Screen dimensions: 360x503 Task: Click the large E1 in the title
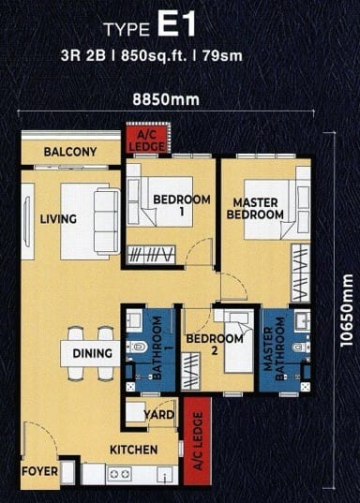click(176, 25)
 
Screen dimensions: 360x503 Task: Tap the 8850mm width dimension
click(166, 99)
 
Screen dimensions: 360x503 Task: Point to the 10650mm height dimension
click(347, 310)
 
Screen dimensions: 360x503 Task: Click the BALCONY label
click(70, 152)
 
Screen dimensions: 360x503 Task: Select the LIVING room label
click(58, 219)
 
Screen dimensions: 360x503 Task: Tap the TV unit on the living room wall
click(27, 222)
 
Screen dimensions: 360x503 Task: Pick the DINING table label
click(93, 353)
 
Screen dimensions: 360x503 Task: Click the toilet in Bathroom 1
click(137, 347)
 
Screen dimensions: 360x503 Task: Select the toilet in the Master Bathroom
click(301, 348)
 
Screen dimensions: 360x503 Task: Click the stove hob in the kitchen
click(119, 474)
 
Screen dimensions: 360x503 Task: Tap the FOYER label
click(39, 471)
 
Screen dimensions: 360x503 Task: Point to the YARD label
click(159, 415)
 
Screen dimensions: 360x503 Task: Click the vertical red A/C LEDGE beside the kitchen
click(198, 440)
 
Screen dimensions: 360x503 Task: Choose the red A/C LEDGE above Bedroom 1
click(147, 140)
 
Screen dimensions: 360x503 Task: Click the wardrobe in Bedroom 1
click(151, 255)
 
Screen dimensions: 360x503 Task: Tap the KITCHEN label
click(134, 450)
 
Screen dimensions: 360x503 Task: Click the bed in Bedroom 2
click(239, 343)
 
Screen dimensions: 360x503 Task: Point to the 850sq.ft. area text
click(154, 56)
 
